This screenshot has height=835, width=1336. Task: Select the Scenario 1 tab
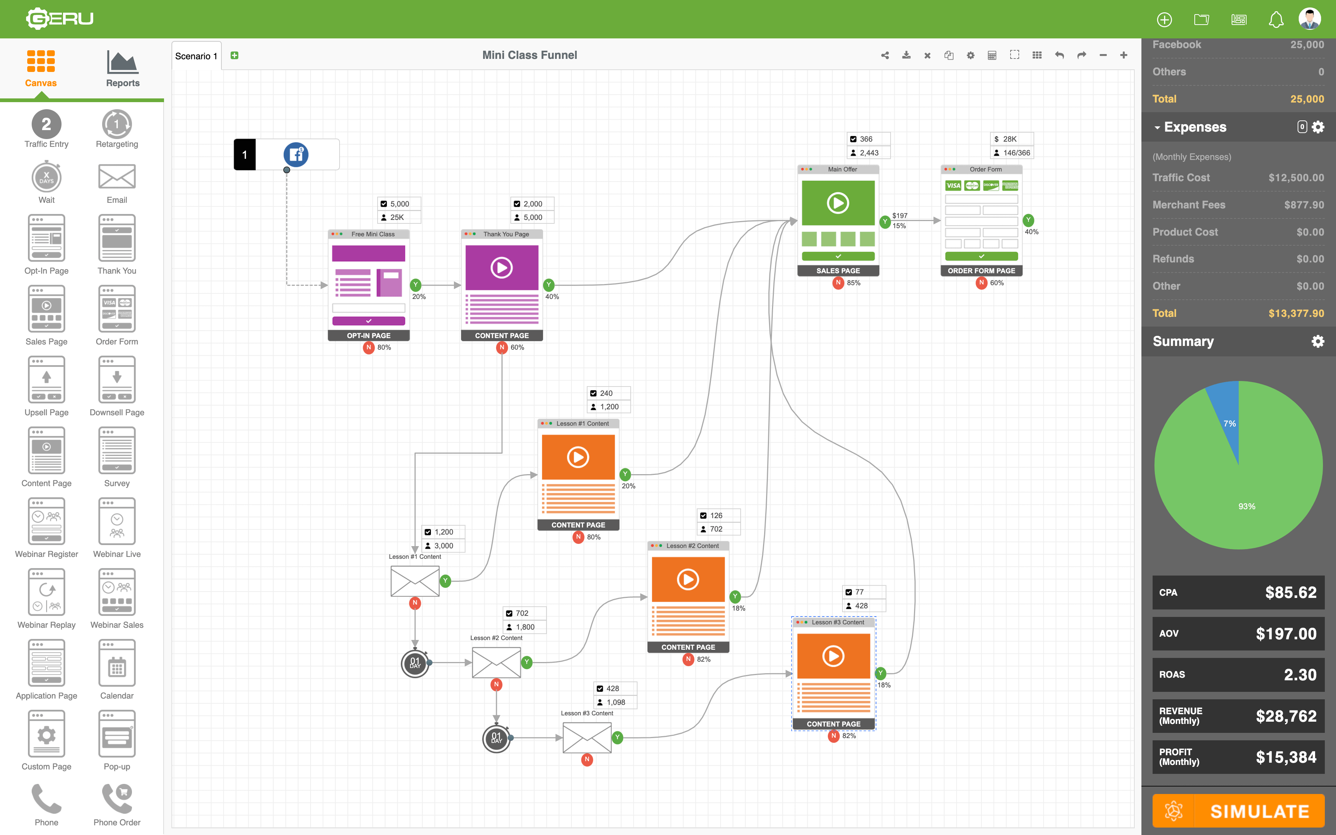pos(196,56)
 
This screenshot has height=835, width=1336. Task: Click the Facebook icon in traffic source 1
pos(296,155)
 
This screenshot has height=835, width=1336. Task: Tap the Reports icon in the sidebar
pos(123,68)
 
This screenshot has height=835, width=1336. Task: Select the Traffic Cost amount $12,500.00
pos(1296,178)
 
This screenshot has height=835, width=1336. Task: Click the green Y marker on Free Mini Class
pos(416,285)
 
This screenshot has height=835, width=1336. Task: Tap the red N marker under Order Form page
pos(981,283)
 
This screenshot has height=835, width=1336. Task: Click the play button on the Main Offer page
pos(838,203)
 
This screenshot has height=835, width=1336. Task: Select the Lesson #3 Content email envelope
pos(587,737)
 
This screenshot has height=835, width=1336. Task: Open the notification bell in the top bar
pos(1275,20)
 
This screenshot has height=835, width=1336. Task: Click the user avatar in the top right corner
pos(1310,19)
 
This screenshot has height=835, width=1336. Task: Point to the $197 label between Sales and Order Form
pos(899,215)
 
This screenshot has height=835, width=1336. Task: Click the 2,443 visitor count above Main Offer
pos(869,153)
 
